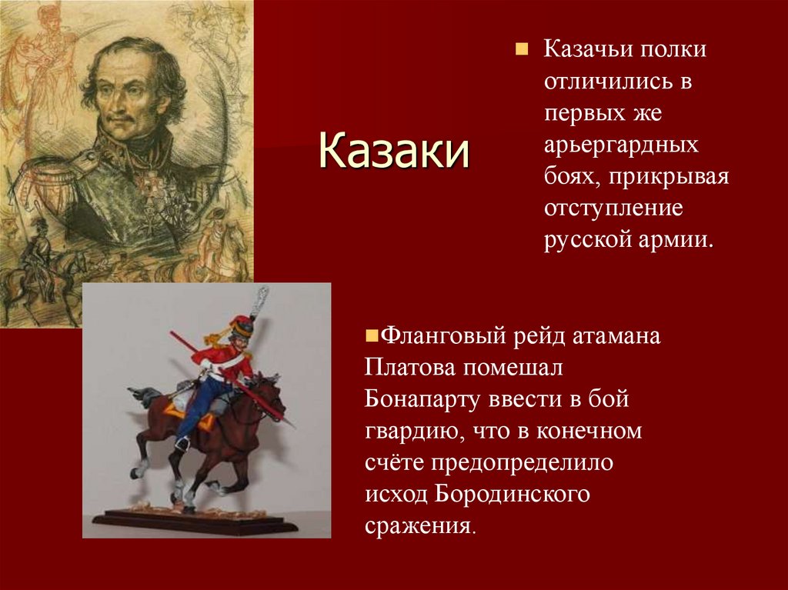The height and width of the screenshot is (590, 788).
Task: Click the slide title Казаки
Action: (393, 149)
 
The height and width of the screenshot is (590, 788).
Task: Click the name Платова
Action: (410, 368)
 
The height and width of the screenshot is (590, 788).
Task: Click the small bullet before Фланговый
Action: (370, 336)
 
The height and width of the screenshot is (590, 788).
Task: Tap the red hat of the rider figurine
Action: (243, 328)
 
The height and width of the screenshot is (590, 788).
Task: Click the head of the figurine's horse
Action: (269, 388)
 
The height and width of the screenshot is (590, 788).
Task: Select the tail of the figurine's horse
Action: (143, 396)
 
